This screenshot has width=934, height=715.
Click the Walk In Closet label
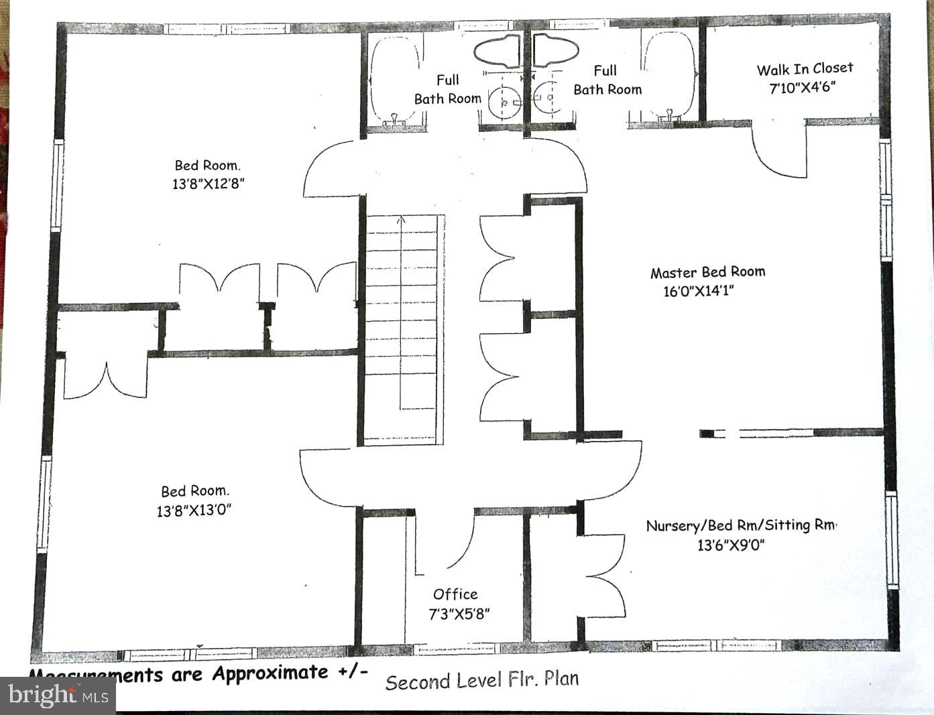tap(805, 68)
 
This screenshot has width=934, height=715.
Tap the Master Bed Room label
tap(707, 272)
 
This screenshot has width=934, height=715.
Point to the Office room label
tap(455, 594)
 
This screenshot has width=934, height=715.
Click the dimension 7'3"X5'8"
tap(459, 613)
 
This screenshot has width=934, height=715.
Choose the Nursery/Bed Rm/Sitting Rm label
tap(741, 525)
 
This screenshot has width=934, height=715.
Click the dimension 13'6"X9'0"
tap(731, 545)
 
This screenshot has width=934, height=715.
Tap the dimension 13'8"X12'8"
tap(208, 184)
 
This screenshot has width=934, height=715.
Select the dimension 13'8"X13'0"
tap(194, 510)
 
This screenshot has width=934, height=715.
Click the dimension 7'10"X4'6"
tap(802, 87)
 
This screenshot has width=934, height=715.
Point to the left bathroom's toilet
tap(498, 51)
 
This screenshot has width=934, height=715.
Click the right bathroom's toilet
tap(557, 51)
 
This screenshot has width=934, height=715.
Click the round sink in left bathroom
tap(504, 103)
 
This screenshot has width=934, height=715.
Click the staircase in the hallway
tap(401, 328)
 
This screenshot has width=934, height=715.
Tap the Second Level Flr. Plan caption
tap(481, 680)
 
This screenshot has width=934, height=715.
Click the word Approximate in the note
tap(270, 673)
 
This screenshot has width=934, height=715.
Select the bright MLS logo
tap(58, 696)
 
